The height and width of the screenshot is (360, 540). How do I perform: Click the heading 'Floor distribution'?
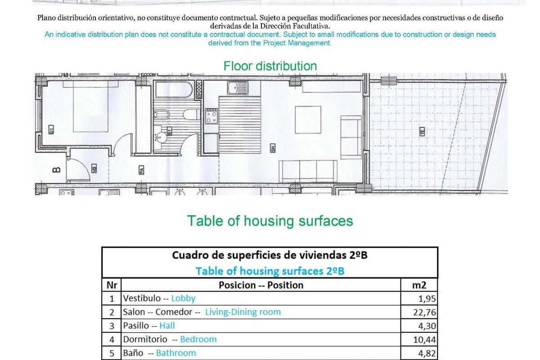point(270,66)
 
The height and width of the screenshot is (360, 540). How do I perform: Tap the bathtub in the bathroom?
point(174,90)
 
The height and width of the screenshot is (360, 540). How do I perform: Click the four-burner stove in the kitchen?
point(211,117)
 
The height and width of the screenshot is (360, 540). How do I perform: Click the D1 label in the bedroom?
point(51,131)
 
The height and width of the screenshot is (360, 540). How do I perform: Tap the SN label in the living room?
point(273,148)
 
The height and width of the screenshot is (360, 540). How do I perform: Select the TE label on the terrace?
point(422,132)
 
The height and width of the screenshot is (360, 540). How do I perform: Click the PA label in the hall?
point(141,170)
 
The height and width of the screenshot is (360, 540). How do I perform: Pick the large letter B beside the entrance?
point(57,170)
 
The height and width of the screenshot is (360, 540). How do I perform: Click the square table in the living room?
point(307,119)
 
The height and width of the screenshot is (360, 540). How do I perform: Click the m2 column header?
point(418,285)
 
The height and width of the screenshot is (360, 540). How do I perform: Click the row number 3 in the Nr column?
point(112,325)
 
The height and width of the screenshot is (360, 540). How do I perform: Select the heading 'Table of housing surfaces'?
point(270,221)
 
